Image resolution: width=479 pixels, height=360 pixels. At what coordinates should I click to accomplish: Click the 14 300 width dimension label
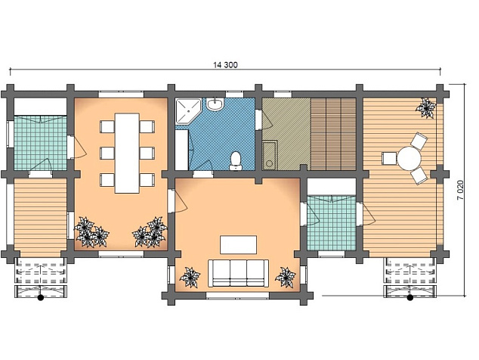pos(225,65)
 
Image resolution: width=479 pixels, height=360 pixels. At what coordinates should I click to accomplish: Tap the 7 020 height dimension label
pos(460,190)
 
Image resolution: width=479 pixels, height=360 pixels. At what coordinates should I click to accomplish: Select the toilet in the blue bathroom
pos(236,160)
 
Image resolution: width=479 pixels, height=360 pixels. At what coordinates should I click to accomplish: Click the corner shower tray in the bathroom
pos(188,110)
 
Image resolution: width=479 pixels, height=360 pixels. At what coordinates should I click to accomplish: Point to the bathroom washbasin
pos(215,104)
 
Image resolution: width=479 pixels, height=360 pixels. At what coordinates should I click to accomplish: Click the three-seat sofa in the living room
pos(238,273)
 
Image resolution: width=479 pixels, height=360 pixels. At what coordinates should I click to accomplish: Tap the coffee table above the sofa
pos(238,244)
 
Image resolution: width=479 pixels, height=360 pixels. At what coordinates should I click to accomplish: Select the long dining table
pos(127,153)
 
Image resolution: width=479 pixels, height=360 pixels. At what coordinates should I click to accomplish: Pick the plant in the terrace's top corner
pos(426,107)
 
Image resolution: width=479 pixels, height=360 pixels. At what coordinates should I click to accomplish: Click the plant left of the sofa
pos(190,278)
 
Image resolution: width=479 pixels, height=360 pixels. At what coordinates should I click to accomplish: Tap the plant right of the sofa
pos(286,278)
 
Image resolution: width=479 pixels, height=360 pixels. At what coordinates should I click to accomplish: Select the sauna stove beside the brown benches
pos(270,155)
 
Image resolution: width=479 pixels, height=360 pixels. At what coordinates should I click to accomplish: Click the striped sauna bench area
pos(334,134)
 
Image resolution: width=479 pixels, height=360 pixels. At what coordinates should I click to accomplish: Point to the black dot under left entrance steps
pos(40,297)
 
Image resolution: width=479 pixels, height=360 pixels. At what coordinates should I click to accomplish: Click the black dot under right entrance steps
pos(410,297)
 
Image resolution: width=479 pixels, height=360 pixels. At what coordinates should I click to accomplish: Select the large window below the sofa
pos(238,296)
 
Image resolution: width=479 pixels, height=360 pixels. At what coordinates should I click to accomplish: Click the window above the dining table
pos(121,94)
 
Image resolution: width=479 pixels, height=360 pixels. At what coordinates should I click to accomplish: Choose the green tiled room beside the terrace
pos(332,222)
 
